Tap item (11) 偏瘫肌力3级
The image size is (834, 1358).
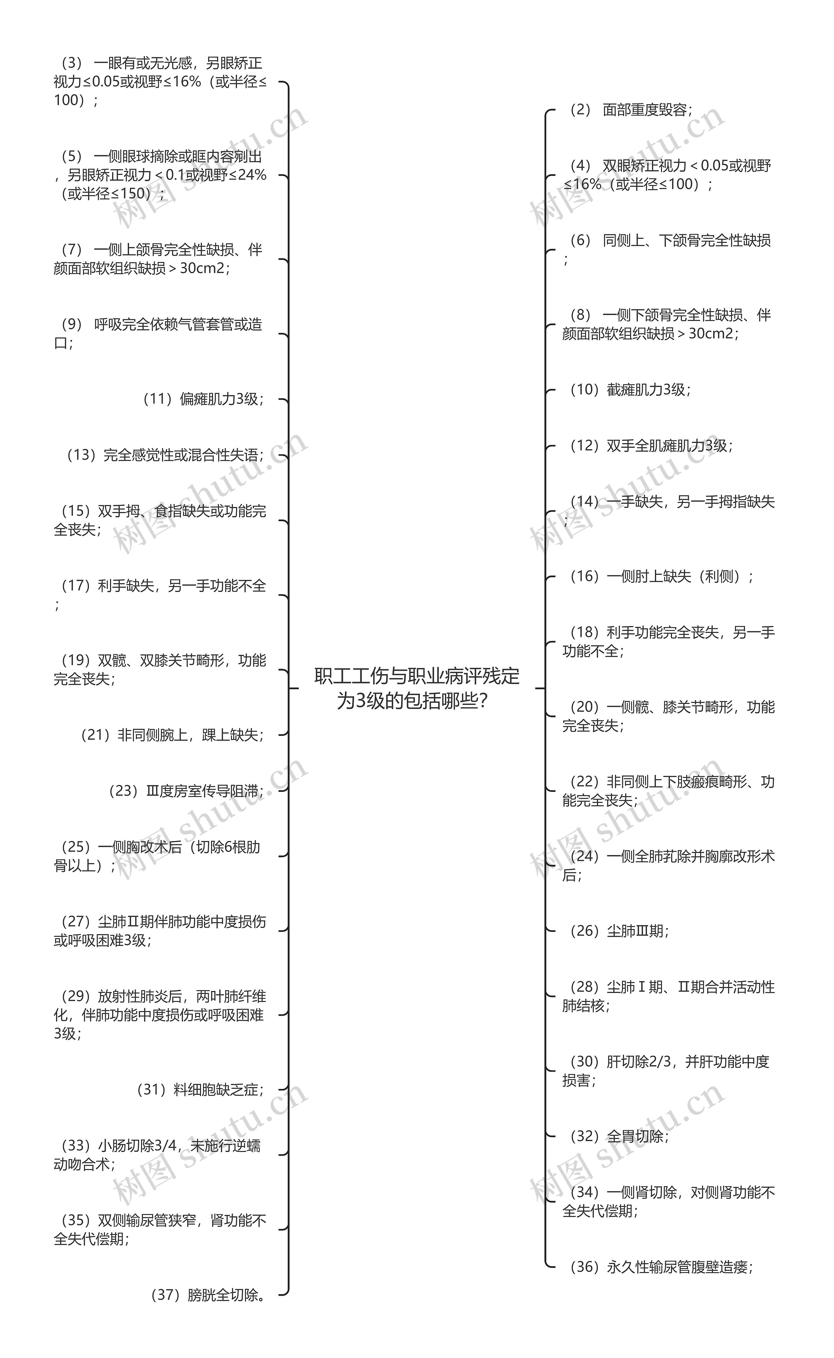[x=203, y=399]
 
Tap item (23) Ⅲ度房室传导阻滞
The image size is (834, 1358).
[x=186, y=791]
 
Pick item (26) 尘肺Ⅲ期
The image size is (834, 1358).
[x=619, y=931]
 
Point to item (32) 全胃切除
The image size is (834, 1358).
[x=619, y=1136]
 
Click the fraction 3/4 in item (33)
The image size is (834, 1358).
[x=165, y=1146]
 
